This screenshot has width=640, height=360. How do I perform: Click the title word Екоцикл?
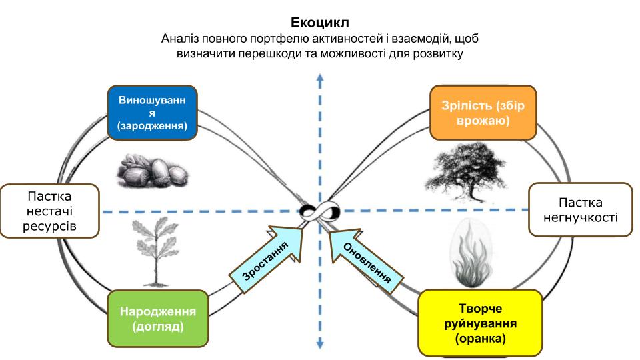(x=319, y=22)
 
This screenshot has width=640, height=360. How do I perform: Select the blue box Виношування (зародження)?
(x=152, y=113)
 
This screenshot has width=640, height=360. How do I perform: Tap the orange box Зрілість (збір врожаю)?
(x=483, y=113)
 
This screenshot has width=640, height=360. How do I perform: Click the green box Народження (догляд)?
(x=157, y=319)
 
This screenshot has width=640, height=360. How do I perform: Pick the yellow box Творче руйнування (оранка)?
(x=481, y=323)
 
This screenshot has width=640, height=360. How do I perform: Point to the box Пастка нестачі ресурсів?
(x=50, y=211)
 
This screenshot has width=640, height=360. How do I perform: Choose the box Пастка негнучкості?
(x=581, y=210)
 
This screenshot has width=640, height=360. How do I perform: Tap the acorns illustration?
(x=153, y=171)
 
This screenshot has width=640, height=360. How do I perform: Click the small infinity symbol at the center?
(x=319, y=211)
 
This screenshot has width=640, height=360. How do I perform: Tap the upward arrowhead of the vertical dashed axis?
(x=320, y=79)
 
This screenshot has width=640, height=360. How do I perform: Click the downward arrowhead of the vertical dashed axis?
(x=320, y=344)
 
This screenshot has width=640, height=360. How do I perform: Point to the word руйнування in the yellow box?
(x=481, y=324)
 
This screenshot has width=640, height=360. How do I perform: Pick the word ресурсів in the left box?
(x=49, y=226)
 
